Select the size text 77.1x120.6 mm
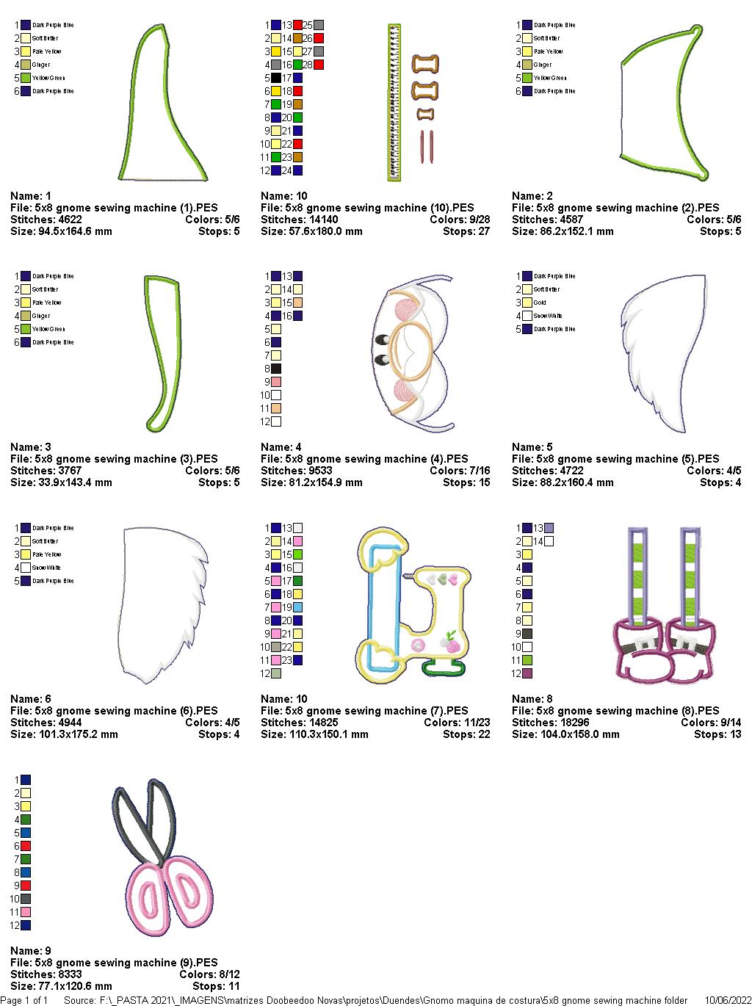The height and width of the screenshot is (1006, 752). tap(82, 986)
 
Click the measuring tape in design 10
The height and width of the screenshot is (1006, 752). tap(394, 102)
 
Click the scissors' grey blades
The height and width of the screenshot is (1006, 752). tap(145, 815)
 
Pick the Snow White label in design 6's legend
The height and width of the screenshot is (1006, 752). tap(46, 568)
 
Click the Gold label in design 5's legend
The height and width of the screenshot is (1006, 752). tap(540, 303)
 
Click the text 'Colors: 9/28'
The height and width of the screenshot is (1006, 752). tap(460, 220)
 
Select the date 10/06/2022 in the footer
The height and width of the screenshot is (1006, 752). tap(728, 1000)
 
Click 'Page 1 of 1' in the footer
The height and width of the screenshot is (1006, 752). tap(24, 1000)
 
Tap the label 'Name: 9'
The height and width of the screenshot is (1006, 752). tap(31, 951)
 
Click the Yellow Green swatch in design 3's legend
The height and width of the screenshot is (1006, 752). tap(26, 329)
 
